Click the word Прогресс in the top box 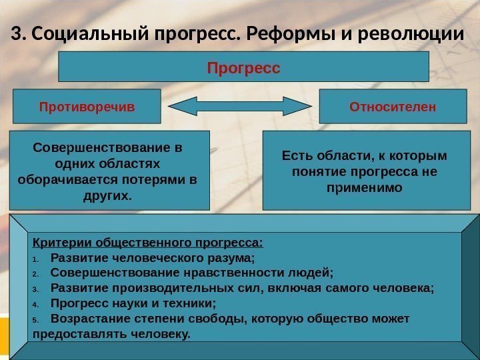tap(244, 68)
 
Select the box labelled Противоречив tap(87, 107)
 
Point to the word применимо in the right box tap(365, 188)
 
